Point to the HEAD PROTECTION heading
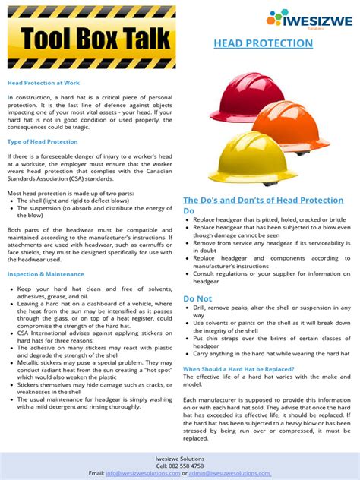pos(262,43)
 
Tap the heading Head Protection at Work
pos(43,82)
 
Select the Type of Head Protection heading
pos(43,142)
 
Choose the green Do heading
pos(189,210)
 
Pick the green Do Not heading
pos(197,298)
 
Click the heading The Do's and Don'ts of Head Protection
pos(264,200)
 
